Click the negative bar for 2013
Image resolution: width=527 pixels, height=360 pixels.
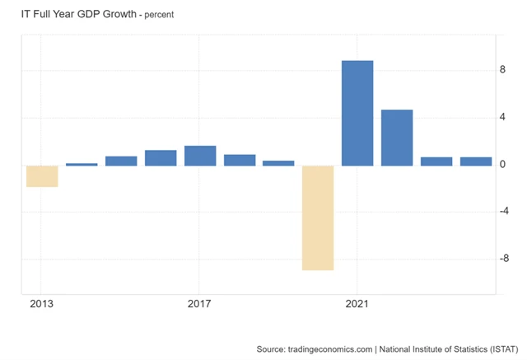pyautogui.click(x=42, y=175)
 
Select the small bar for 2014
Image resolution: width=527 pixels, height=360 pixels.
pyautogui.click(x=82, y=164)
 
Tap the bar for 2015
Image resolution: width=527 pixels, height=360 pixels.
pyautogui.click(x=121, y=161)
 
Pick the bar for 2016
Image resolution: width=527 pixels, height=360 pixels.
pyautogui.click(x=161, y=157)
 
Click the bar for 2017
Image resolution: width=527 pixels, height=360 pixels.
pyautogui.click(x=200, y=156)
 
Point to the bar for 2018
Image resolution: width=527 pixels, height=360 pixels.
pyautogui.click(x=240, y=160)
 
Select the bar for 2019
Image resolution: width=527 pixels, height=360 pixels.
pyautogui.click(x=278, y=163)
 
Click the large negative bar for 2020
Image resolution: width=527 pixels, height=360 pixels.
pyautogui.click(x=318, y=217)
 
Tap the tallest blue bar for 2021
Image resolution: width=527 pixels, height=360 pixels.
pyautogui.click(x=357, y=113)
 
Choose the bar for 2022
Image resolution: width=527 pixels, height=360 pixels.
pyautogui.click(x=397, y=138)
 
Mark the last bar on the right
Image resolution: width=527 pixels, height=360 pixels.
pyautogui.click(x=475, y=161)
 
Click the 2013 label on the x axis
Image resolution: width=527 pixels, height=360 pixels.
pyautogui.click(x=41, y=303)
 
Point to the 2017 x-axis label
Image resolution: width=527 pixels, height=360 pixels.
pyautogui.click(x=199, y=303)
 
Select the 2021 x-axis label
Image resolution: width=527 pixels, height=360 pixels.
pyautogui.click(x=357, y=303)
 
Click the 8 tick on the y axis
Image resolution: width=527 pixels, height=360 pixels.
pyautogui.click(x=502, y=71)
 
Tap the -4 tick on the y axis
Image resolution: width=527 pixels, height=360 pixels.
pyautogui.click(x=504, y=212)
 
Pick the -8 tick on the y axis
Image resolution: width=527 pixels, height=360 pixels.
pyautogui.click(x=504, y=259)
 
